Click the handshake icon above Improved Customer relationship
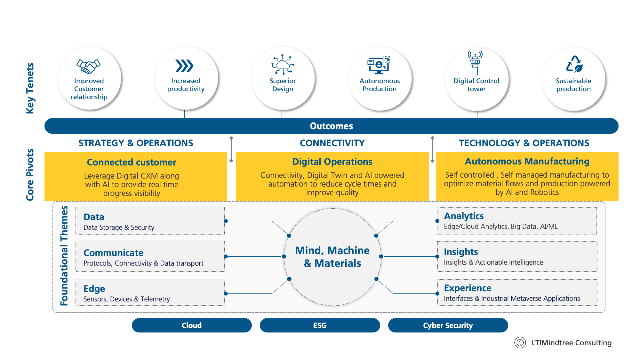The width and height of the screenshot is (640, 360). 88,66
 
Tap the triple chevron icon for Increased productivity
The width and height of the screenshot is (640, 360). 185,66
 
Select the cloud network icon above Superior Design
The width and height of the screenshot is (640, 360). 283,65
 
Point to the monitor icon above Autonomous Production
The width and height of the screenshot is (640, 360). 379,65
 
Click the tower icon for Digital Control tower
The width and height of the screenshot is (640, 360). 475,63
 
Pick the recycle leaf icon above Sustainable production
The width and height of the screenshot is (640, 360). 574,64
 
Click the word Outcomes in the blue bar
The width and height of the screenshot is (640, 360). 331,126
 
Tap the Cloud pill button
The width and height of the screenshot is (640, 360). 192,325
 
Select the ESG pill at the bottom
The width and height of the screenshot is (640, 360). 320,325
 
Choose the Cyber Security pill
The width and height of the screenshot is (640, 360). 448,325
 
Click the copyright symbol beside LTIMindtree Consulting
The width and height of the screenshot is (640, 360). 520,342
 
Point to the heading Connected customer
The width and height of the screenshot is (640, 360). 132,162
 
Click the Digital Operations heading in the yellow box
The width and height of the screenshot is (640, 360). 332,162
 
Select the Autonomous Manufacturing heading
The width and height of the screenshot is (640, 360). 527,161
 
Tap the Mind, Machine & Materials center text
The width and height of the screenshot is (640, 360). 332,257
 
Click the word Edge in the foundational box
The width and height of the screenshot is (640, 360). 94,289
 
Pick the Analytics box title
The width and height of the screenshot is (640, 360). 464,216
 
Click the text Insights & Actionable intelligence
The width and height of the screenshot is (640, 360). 493,262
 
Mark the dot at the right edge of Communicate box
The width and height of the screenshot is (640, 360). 226,257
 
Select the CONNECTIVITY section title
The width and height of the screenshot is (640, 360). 332,143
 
